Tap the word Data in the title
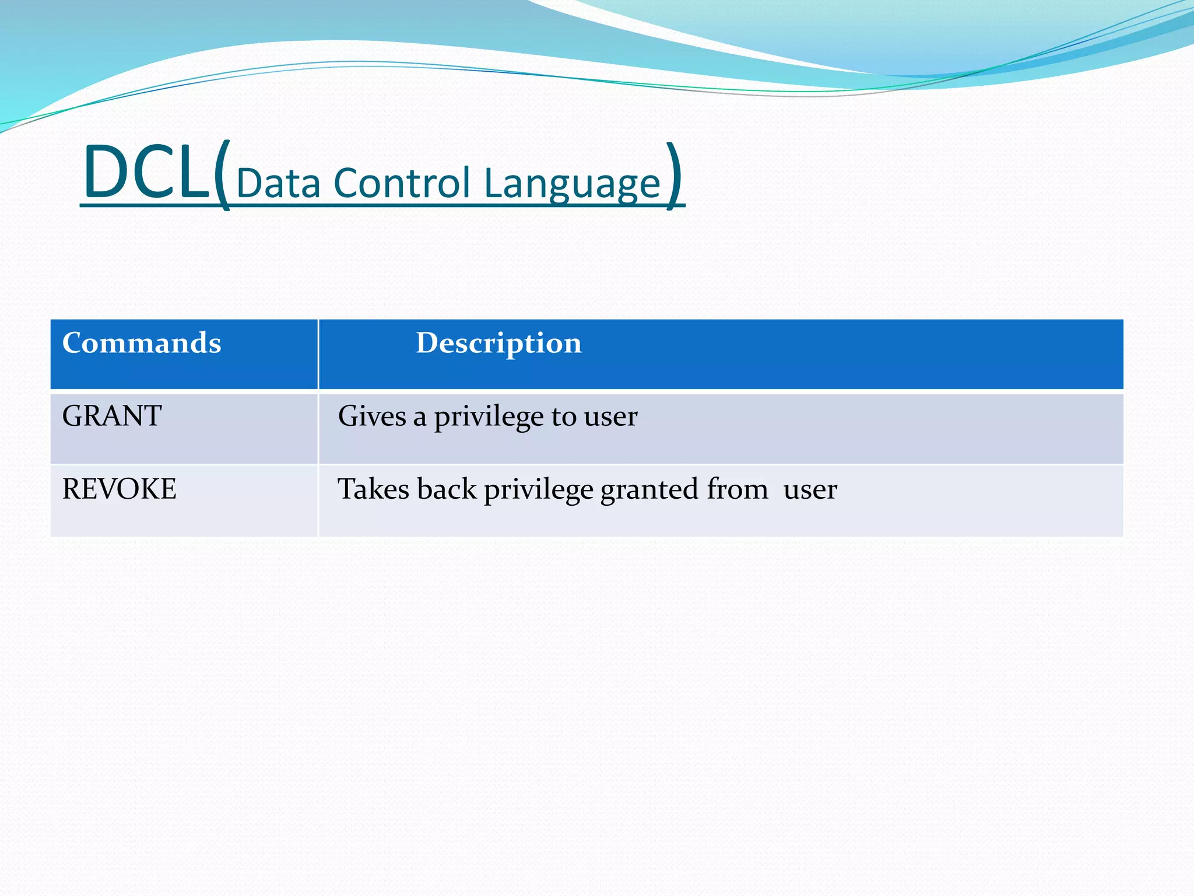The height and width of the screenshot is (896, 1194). pyautogui.click(x=278, y=183)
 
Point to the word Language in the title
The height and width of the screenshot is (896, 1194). pyautogui.click(x=572, y=184)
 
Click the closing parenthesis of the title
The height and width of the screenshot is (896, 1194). pyautogui.click(x=674, y=175)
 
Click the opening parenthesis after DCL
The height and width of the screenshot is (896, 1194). pyautogui.click(x=222, y=175)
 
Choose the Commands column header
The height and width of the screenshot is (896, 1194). pyautogui.click(x=142, y=342)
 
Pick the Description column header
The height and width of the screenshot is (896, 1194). pyautogui.click(x=498, y=343)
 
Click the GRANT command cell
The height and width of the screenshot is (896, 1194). pyautogui.click(x=112, y=416)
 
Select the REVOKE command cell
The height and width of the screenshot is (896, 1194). pyautogui.click(x=119, y=489)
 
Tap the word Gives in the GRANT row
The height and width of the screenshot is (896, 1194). pyautogui.click(x=371, y=416)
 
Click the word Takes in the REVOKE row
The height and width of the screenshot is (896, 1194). pyautogui.click(x=373, y=489)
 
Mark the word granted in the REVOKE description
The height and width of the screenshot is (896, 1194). pyautogui.click(x=649, y=490)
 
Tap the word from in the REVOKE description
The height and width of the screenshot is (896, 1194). pyautogui.click(x=738, y=489)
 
